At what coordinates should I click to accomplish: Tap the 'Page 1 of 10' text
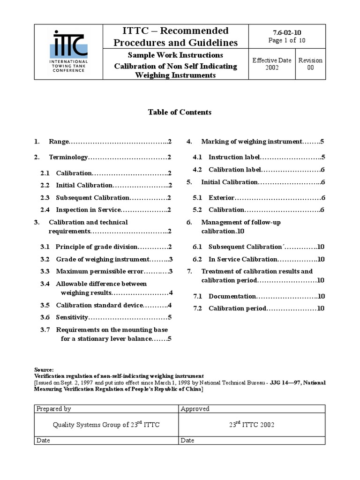tap(287, 40)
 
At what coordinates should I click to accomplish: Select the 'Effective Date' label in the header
tap(272, 60)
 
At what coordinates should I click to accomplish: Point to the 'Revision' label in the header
tap(310, 60)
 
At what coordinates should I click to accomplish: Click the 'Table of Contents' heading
tap(180, 112)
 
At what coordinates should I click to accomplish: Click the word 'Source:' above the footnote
tap(45, 369)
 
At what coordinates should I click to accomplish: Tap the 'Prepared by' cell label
tap(53, 409)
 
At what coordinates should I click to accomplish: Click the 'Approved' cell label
tap(195, 409)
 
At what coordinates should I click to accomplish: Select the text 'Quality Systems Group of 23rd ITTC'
tap(108, 425)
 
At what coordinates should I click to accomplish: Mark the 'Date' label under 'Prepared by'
tap(43, 440)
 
